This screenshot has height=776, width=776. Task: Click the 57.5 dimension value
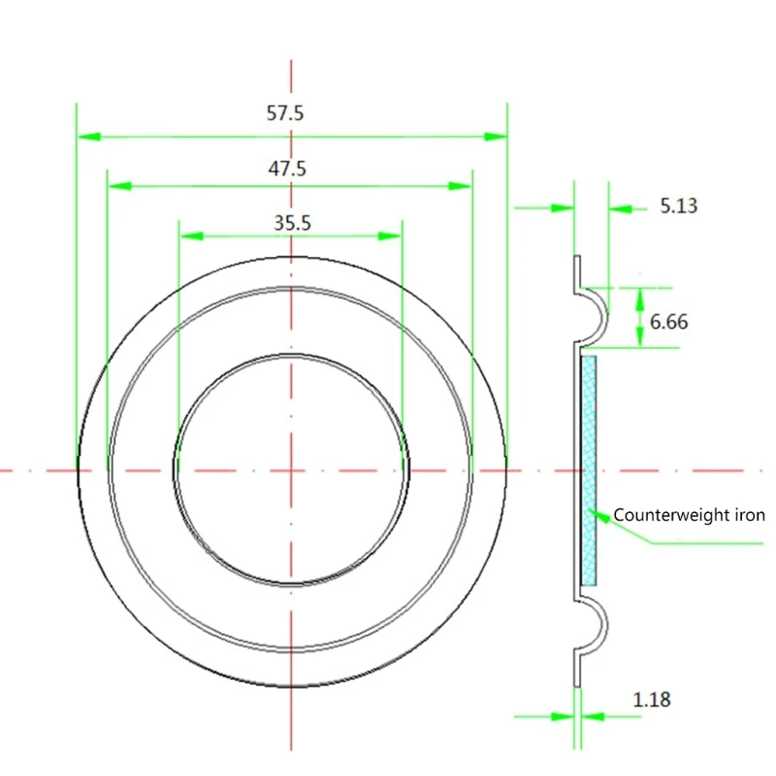click(285, 113)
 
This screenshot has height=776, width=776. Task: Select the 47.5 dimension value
click(287, 168)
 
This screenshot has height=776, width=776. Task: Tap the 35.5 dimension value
click(291, 223)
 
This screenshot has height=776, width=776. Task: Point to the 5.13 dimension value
click(678, 206)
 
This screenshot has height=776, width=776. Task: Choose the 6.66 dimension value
click(669, 321)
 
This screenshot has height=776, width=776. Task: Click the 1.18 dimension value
click(651, 698)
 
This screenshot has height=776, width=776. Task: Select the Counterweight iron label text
click(689, 515)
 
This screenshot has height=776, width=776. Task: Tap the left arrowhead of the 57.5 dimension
click(88, 137)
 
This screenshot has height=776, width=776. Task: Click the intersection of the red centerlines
click(290, 470)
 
